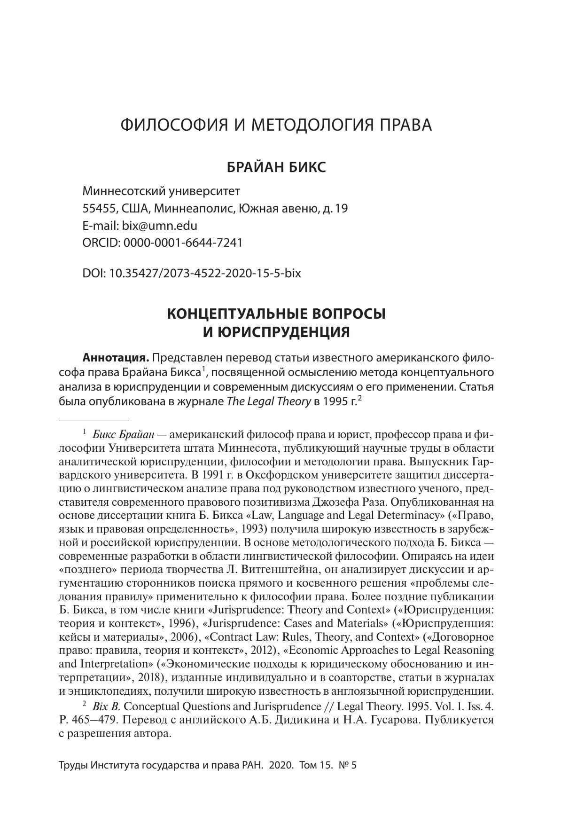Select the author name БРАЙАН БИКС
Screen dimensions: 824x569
[276, 167]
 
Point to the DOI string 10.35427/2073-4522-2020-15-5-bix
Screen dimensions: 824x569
[205, 273]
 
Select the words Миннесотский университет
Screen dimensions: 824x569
[161, 191]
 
